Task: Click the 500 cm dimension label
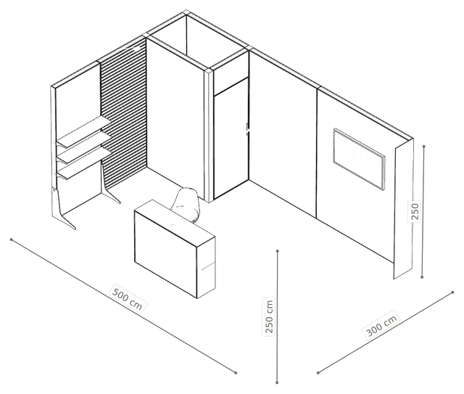click(x=128, y=298)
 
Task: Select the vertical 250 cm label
click(x=269, y=316)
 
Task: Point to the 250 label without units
click(x=415, y=211)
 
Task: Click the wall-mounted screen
click(x=359, y=158)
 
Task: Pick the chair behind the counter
click(x=186, y=205)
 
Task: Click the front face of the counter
click(x=166, y=253)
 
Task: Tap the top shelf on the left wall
click(x=84, y=132)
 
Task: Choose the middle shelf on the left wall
click(x=84, y=148)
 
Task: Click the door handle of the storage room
click(x=247, y=129)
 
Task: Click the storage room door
click(x=231, y=138)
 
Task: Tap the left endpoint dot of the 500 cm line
click(x=12, y=239)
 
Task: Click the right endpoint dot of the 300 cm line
click(x=452, y=292)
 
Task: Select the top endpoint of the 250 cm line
click(x=277, y=251)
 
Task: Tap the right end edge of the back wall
click(x=403, y=209)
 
